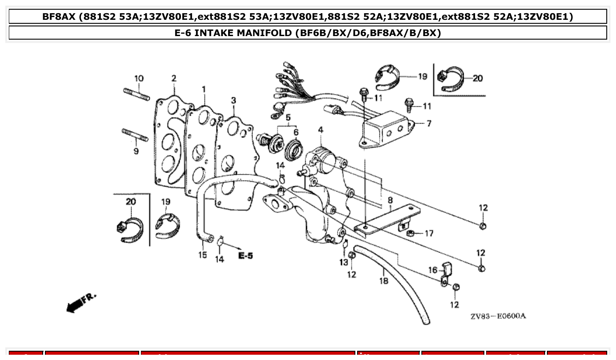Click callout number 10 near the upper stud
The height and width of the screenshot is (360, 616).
[x=139, y=78]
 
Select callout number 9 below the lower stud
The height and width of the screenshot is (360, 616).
[x=136, y=151]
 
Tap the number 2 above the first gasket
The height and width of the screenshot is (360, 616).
[x=174, y=78]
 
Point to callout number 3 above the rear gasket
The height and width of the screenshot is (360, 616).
[x=233, y=101]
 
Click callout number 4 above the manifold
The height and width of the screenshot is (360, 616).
[x=321, y=130]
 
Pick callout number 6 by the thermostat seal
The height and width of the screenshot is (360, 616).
[x=295, y=132]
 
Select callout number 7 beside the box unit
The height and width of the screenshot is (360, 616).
[x=428, y=123]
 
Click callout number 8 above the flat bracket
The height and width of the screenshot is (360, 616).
[x=390, y=201]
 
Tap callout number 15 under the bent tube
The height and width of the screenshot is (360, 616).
[x=202, y=255]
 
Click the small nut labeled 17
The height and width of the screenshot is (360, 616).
[x=409, y=232]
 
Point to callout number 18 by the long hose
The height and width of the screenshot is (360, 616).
[x=384, y=280]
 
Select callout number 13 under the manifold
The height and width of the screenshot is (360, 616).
[x=343, y=262]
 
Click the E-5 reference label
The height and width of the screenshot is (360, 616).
[x=246, y=255]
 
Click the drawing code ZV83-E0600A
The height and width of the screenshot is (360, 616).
[x=498, y=316]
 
